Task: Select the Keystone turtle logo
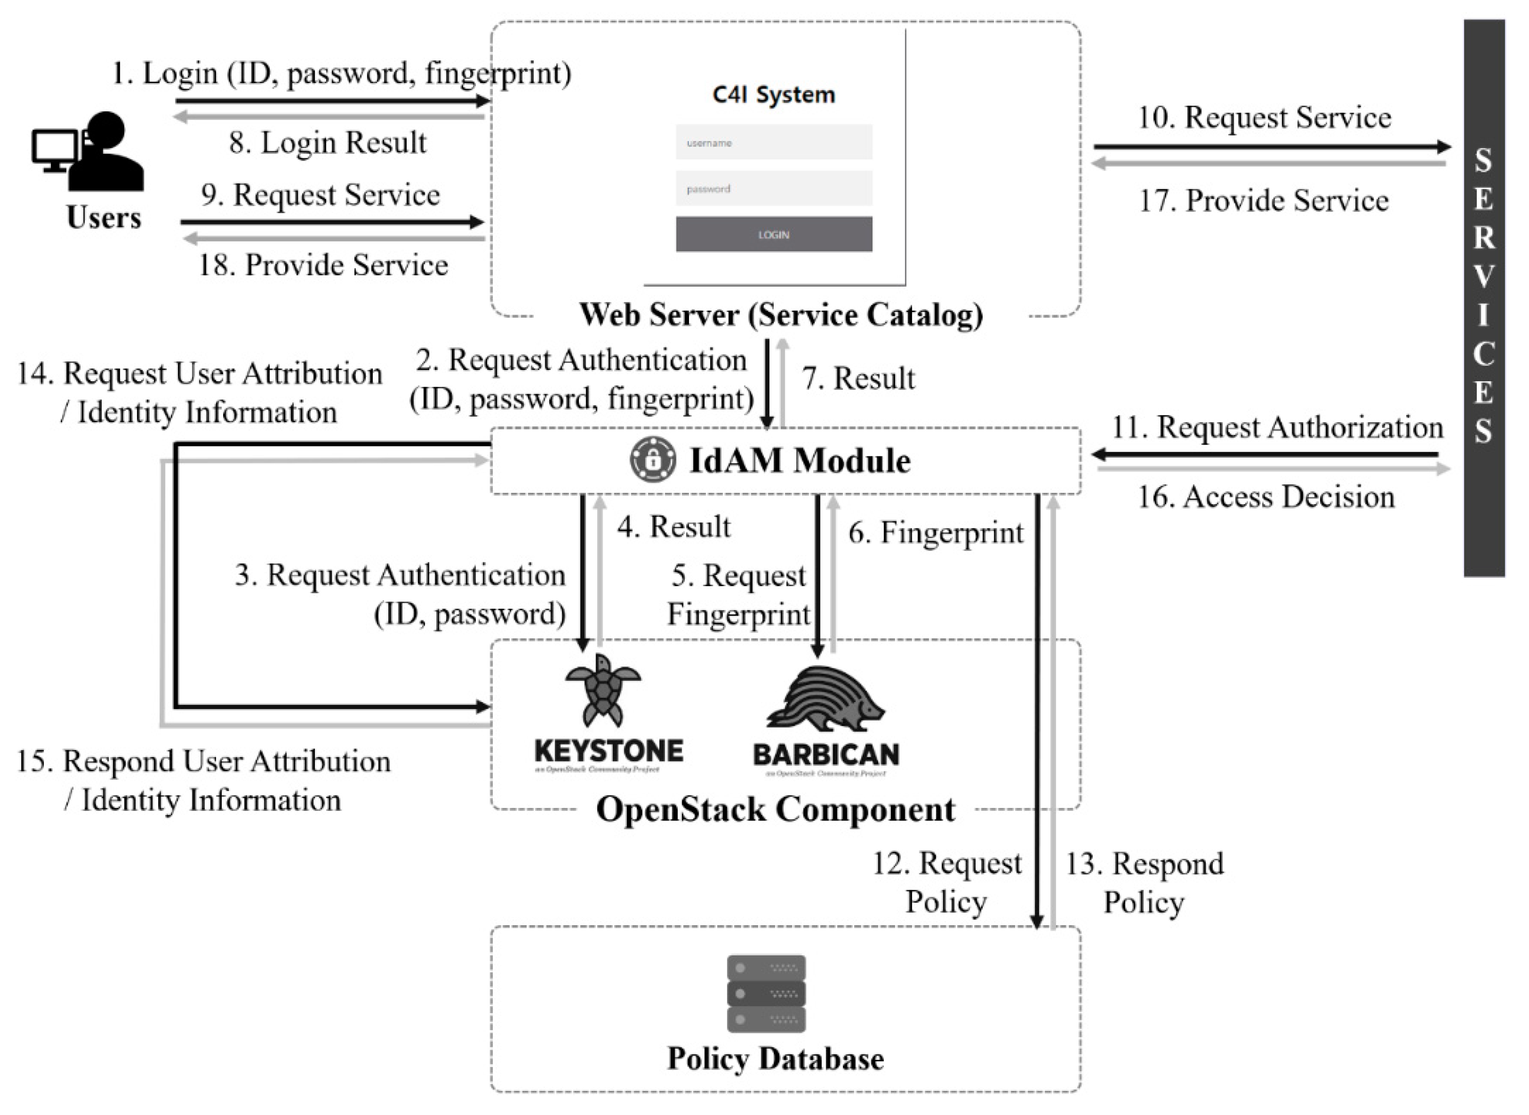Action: [x=603, y=690]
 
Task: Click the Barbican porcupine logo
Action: [x=825, y=699]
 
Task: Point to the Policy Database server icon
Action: [x=766, y=994]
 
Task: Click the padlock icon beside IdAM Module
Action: [x=652, y=460]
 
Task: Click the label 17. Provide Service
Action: [x=1264, y=201]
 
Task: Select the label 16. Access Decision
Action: [x=1266, y=497]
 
